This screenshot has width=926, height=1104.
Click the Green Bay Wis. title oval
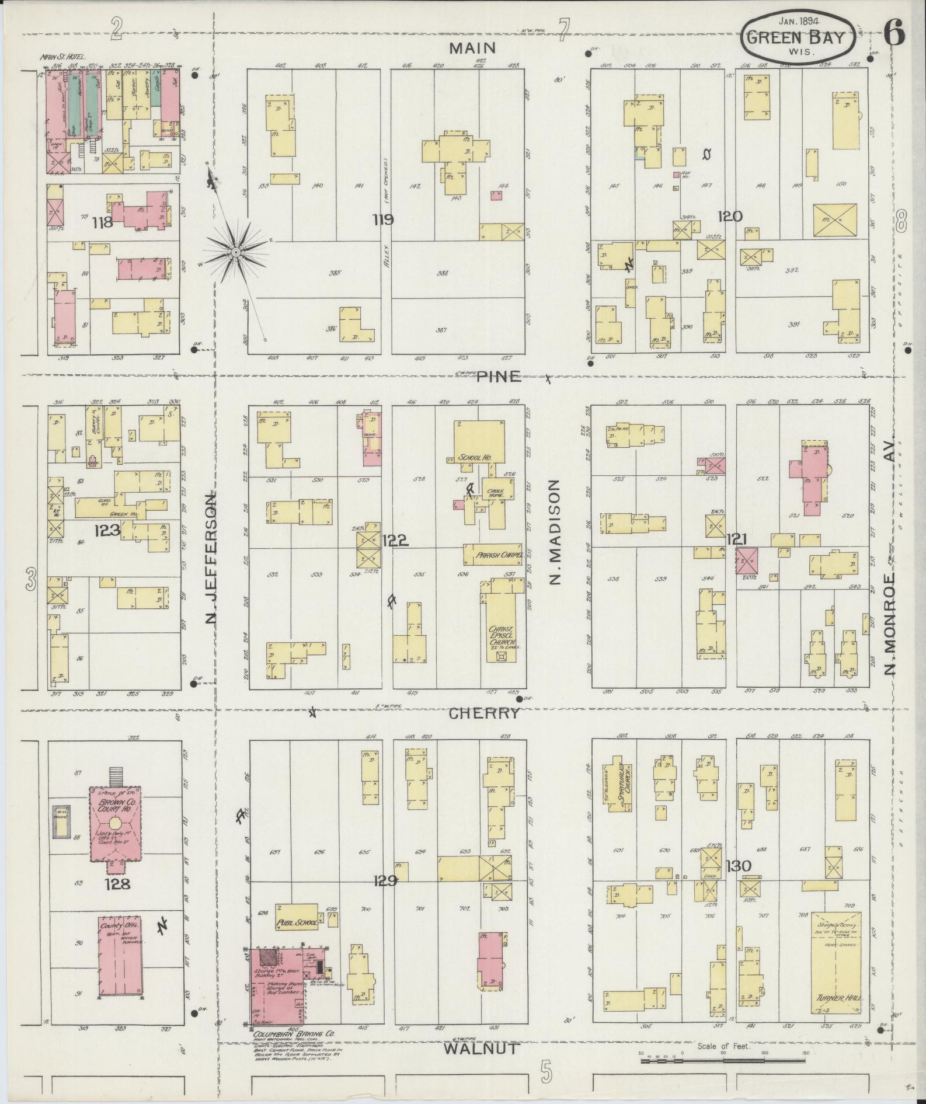click(798, 39)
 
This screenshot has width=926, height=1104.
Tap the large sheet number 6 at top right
click(893, 32)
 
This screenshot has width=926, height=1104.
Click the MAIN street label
click(472, 48)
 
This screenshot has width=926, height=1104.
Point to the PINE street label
click(498, 377)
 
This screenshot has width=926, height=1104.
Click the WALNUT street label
click(481, 1048)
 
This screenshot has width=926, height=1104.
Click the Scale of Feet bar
click(724, 1056)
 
